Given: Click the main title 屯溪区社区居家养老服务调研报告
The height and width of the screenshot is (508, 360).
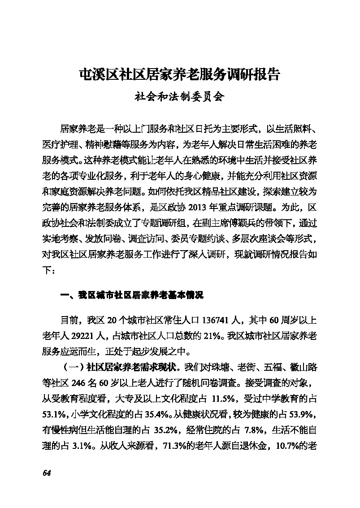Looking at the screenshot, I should click(x=179, y=74).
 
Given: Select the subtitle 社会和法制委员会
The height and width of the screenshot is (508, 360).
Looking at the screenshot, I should click(x=179, y=96).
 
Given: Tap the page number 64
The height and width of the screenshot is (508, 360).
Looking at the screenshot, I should click(x=47, y=473).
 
